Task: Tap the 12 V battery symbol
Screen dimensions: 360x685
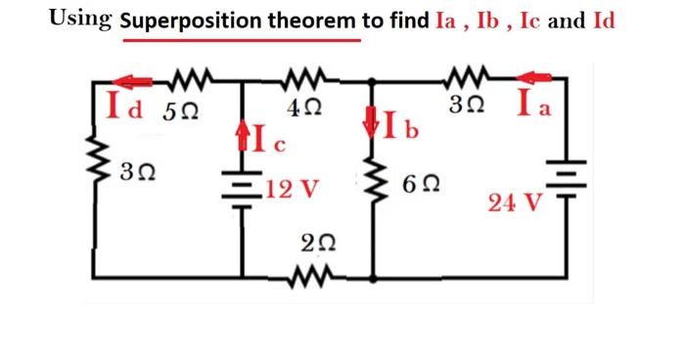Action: point(243,187)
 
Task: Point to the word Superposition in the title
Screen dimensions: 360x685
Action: point(185,22)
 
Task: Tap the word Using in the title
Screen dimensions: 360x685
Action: point(81,20)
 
